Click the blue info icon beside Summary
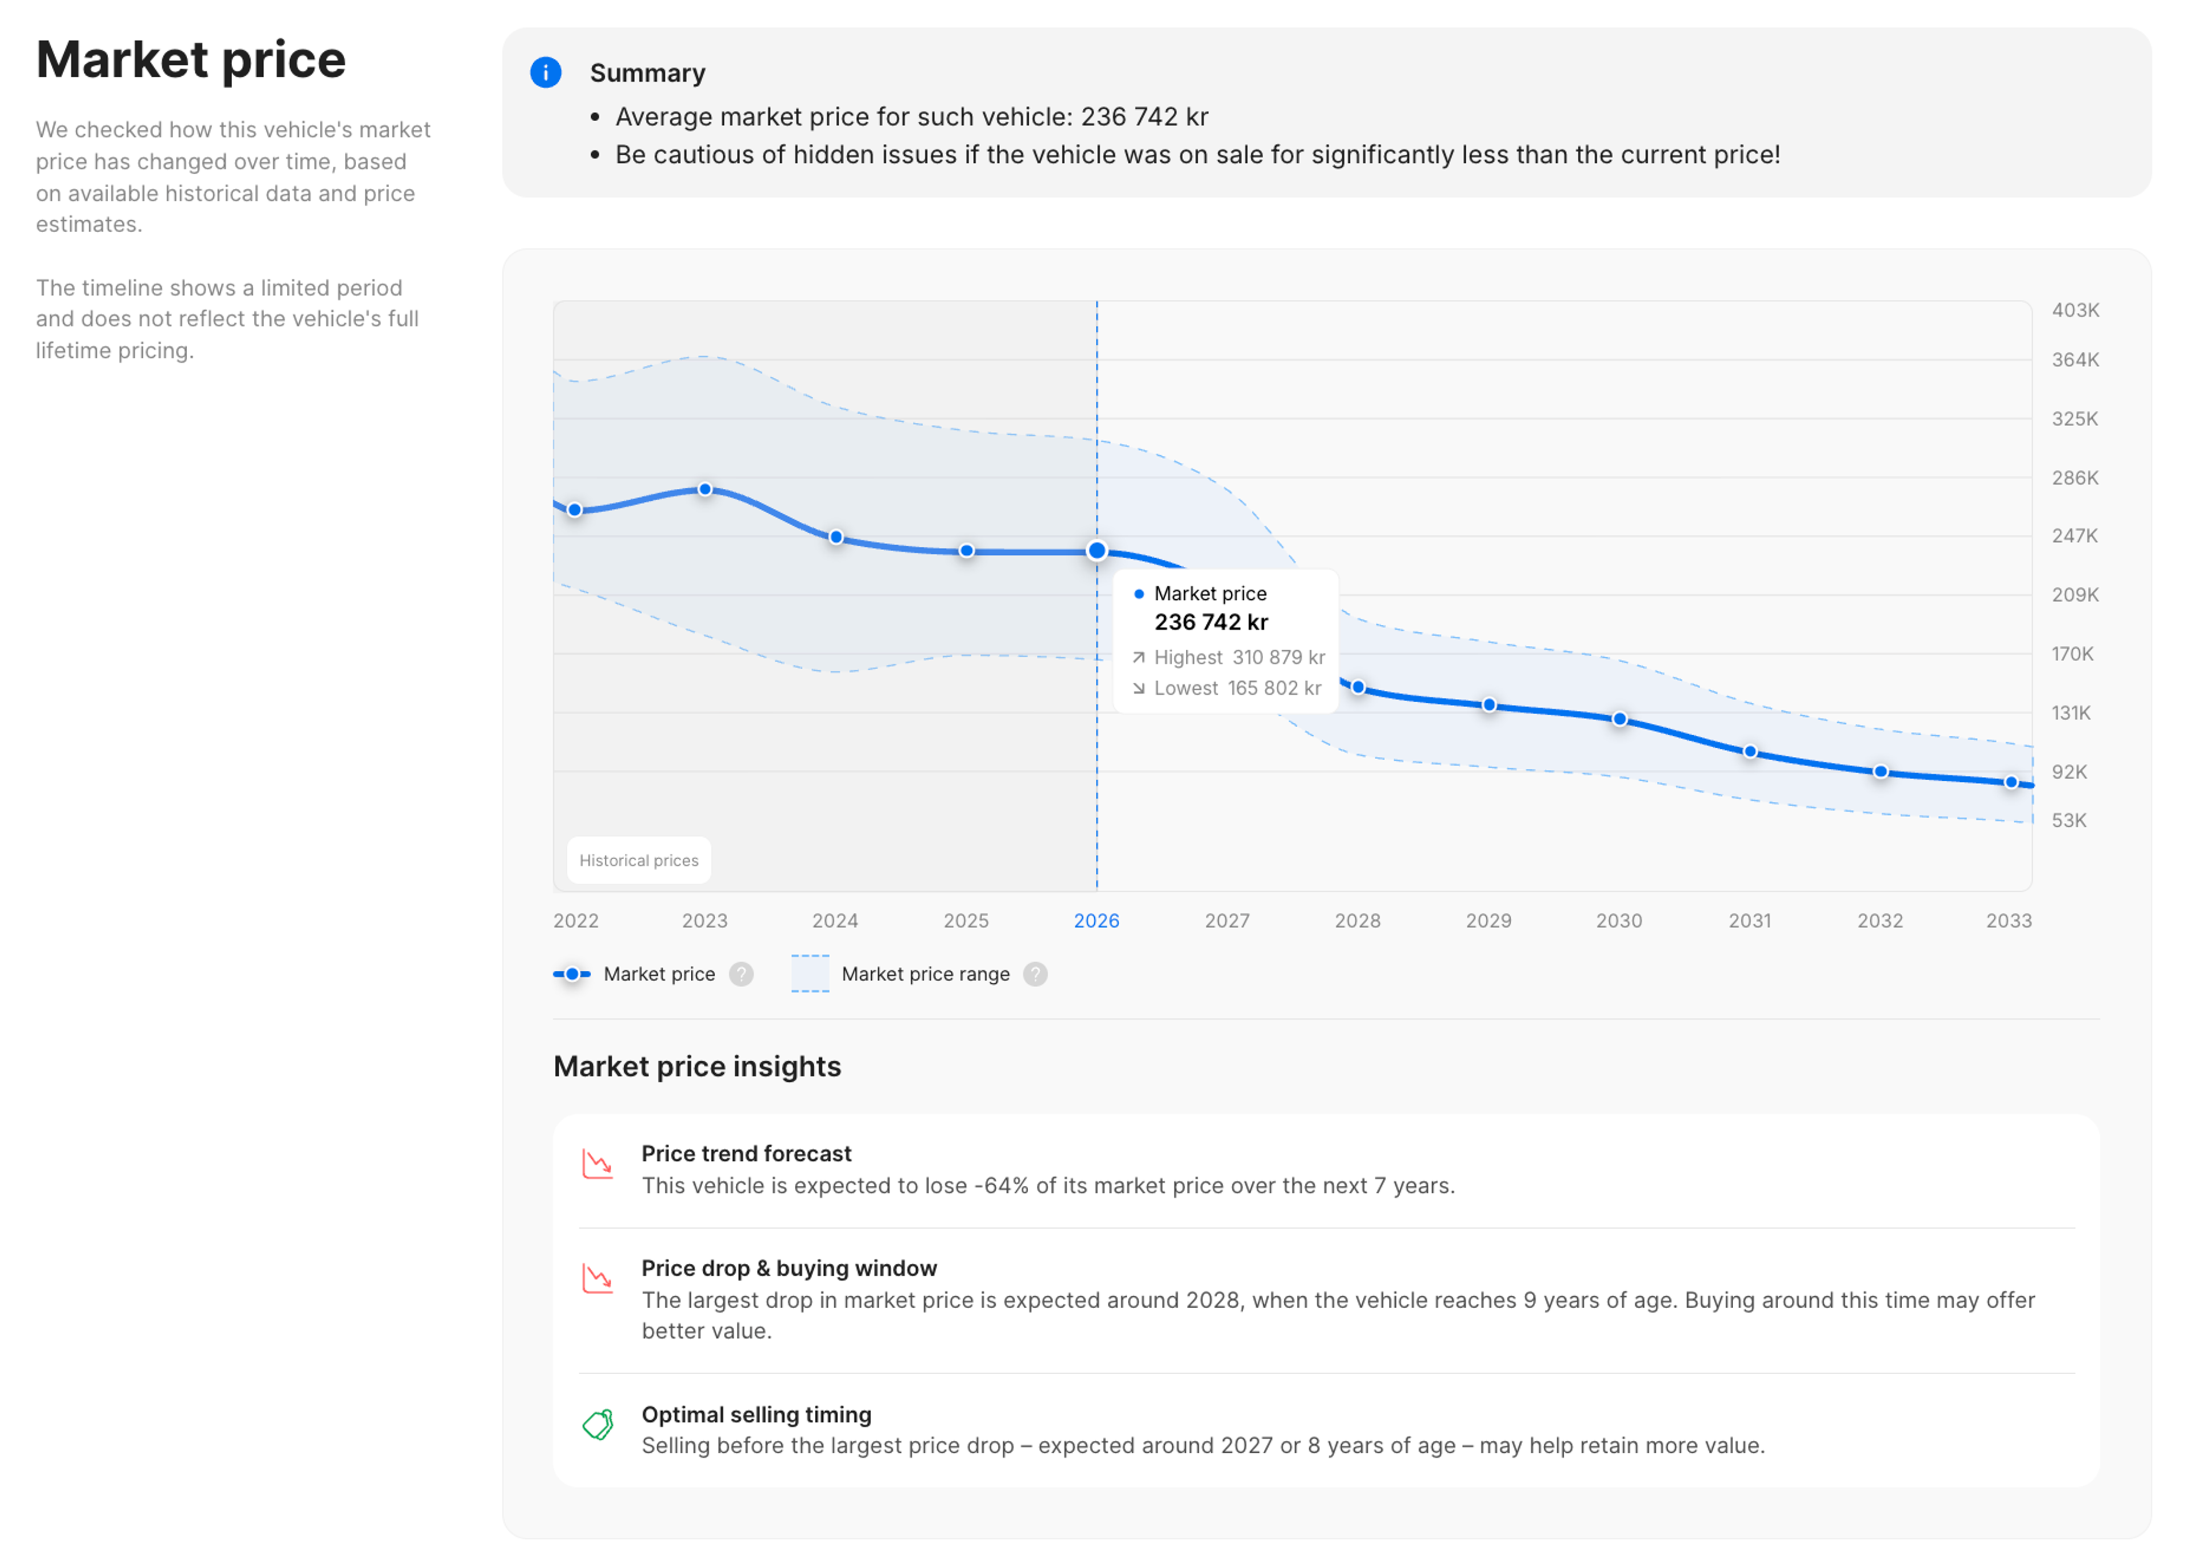[x=545, y=72]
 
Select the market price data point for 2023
[x=705, y=489]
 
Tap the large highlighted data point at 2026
[x=1096, y=551]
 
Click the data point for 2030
[x=1619, y=719]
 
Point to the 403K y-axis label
[x=2075, y=310]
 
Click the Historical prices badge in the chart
[x=639, y=860]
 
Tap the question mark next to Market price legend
[x=741, y=974]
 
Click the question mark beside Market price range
[x=1034, y=974]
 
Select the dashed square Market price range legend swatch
[x=809, y=973]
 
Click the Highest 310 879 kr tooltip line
[x=1228, y=657]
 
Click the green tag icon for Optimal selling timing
[x=598, y=1424]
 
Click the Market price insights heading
[x=696, y=1067]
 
